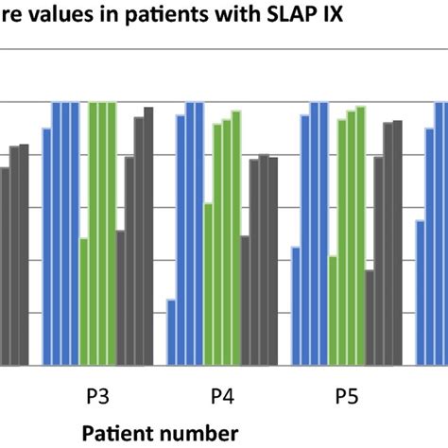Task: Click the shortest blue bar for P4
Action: (171, 332)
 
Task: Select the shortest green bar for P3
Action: (84, 302)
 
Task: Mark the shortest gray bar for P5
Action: (370, 317)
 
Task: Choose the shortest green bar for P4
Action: (208, 284)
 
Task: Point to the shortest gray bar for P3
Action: (121, 297)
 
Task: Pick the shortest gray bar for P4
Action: (245, 300)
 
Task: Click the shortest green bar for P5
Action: (333, 310)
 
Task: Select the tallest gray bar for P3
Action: (148, 235)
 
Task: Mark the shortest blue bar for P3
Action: (46, 246)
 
